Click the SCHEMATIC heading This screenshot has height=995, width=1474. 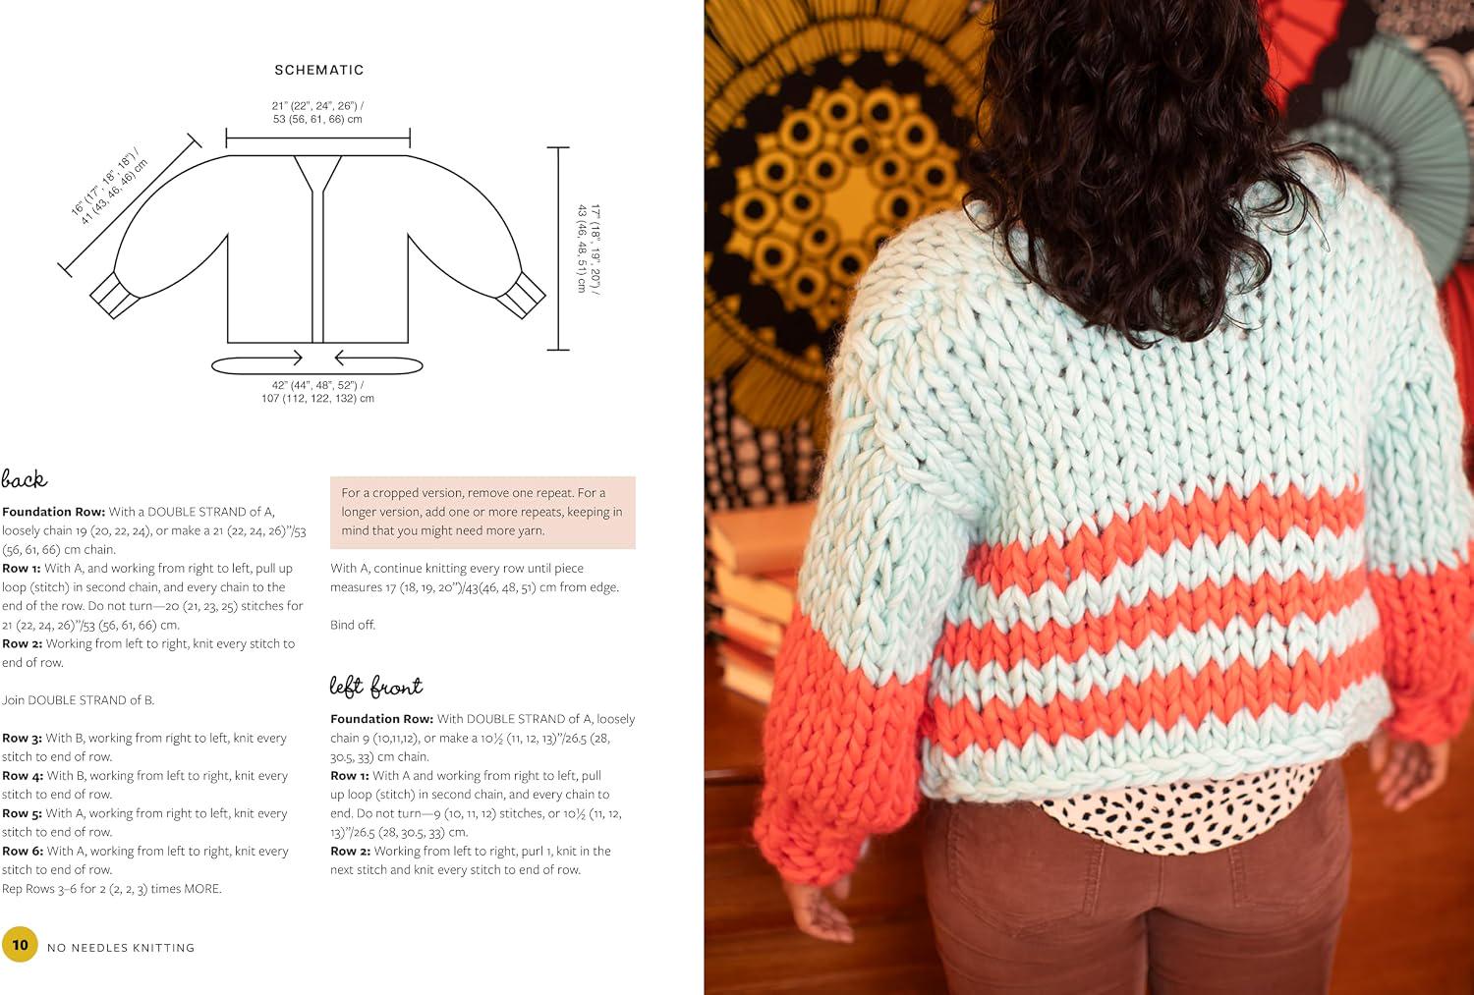pos(319,70)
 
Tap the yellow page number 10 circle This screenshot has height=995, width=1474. pos(20,944)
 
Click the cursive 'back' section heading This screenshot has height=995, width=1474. pos(25,478)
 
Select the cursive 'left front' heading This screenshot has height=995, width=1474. pos(375,686)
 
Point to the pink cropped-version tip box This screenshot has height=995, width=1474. pos(482,513)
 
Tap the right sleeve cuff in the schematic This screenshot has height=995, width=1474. pos(521,296)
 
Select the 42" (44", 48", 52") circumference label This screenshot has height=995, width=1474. pos(317,391)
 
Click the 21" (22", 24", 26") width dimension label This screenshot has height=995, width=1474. pos(317,112)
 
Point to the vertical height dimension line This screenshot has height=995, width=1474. pos(558,249)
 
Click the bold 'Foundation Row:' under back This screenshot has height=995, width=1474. pos(53,512)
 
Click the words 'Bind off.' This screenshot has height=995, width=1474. pos(353,625)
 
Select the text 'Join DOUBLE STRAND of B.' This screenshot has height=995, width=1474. pos(78,700)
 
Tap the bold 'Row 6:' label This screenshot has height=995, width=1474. pos(23,851)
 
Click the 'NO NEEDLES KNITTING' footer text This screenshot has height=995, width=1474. pos(121,948)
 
